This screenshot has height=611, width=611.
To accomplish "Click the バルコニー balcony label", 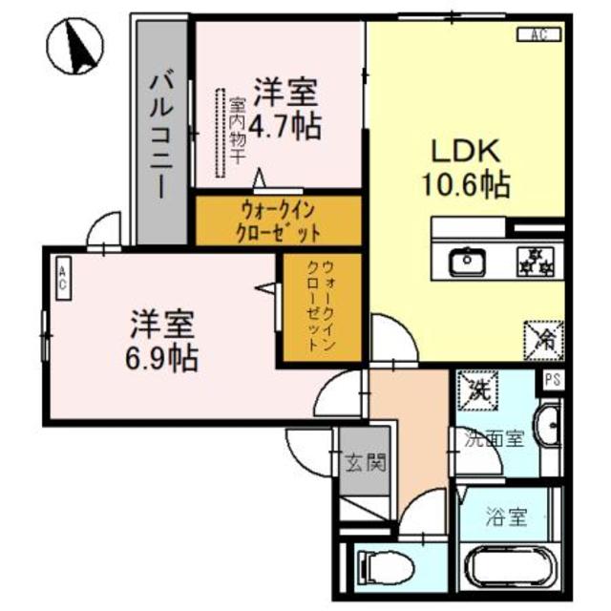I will pyautogui.click(x=159, y=133).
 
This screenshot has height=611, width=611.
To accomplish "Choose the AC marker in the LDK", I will pyautogui.click(x=537, y=36).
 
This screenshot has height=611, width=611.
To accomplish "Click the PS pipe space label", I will pyautogui.click(x=552, y=380).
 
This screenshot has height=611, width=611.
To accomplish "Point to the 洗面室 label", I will pyautogui.click(x=495, y=439).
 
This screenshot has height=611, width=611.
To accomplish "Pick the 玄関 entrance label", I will pyautogui.click(x=365, y=466).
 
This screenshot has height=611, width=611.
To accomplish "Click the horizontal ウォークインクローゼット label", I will pyautogui.click(x=279, y=221).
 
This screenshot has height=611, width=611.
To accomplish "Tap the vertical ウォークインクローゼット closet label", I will pyautogui.click(x=320, y=307).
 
